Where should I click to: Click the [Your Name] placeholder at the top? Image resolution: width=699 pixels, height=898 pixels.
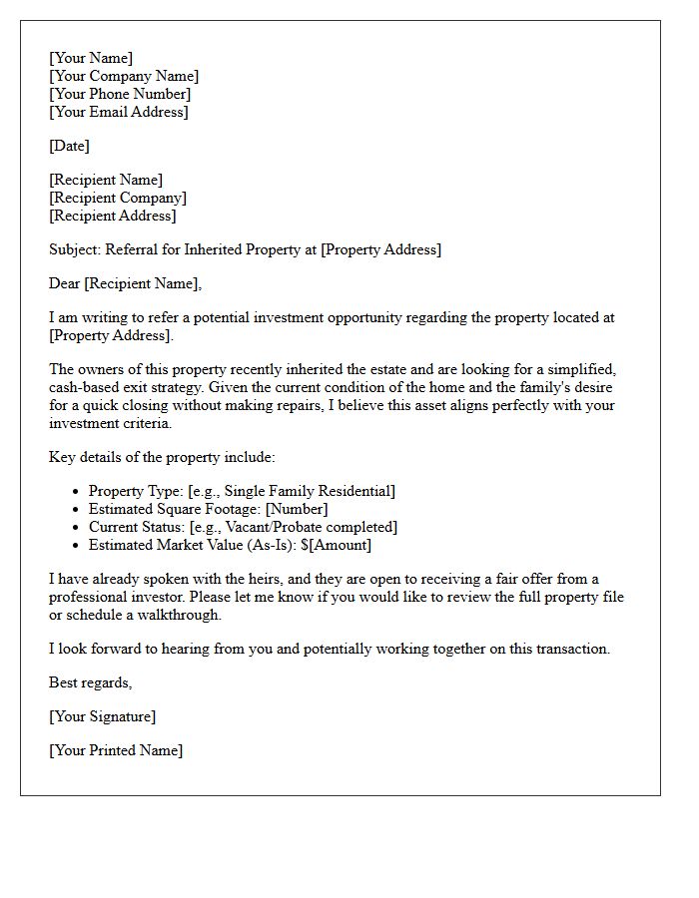coord(91,58)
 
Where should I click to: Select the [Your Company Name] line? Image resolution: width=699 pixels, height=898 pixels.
coord(124,76)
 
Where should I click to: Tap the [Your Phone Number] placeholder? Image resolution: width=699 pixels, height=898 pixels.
coord(120,94)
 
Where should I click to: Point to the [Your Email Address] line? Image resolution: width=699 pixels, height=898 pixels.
coord(118,112)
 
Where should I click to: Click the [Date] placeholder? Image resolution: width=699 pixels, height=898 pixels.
coord(69,146)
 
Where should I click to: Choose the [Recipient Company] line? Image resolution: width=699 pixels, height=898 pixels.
coord(117,198)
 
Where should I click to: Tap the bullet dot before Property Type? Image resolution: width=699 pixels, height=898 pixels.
coord(77,492)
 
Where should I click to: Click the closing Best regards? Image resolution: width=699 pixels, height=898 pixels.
coord(90,682)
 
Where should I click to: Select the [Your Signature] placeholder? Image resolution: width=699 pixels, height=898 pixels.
coord(102,716)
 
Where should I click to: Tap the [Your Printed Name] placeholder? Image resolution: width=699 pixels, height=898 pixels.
coord(116,750)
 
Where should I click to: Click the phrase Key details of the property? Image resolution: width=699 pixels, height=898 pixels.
coord(139,457)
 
